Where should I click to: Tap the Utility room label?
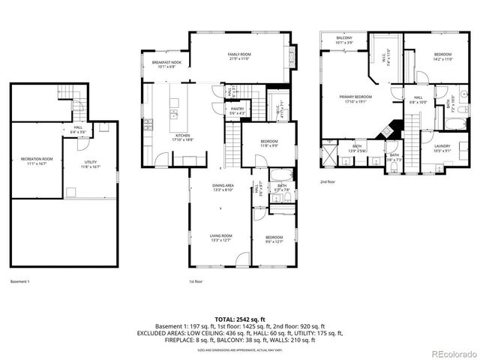(x=91, y=163)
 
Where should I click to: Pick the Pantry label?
(x=237, y=111)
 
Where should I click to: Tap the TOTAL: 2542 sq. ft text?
(x=239, y=319)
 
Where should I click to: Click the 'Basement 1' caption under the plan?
(x=20, y=281)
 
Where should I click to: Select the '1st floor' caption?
(x=196, y=281)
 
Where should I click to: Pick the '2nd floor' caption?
(x=327, y=182)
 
